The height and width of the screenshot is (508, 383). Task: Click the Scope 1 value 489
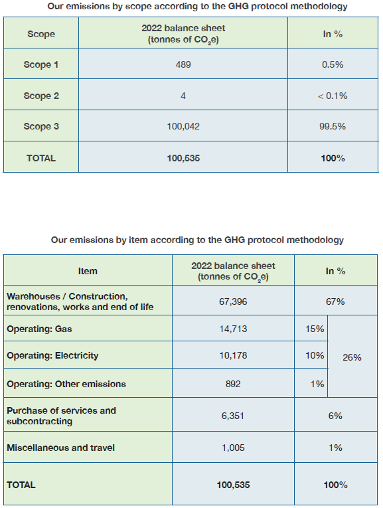(x=183, y=64)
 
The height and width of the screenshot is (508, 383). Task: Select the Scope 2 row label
(x=41, y=96)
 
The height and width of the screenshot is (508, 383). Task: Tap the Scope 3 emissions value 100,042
(x=183, y=126)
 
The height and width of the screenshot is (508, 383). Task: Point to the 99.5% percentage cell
(x=333, y=126)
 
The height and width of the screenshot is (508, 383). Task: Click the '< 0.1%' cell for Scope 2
(x=333, y=96)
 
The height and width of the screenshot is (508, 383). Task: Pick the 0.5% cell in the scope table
(x=333, y=64)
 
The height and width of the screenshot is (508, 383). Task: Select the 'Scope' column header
(x=41, y=34)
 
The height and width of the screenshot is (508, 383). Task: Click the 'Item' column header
(x=88, y=271)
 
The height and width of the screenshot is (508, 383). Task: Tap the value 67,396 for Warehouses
(x=233, y=301)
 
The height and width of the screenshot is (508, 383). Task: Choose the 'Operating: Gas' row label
(x=39, y=329)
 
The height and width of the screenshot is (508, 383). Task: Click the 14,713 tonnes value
(x=233, y=329)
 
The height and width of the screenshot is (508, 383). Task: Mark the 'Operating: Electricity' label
(x=52, y=355)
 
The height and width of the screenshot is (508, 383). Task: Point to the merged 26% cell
(x=352, y=357)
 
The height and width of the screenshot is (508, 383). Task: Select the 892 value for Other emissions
(x=233, y=384)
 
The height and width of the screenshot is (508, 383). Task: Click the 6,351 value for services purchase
(x=233, y=416)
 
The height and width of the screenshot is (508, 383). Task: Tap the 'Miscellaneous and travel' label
(x=61, y=448)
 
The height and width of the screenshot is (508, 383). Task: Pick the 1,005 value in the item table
(x=233, y=448)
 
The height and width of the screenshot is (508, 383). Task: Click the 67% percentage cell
(x=335, y=301)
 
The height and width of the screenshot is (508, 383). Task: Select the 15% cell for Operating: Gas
(x=315, y=329)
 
